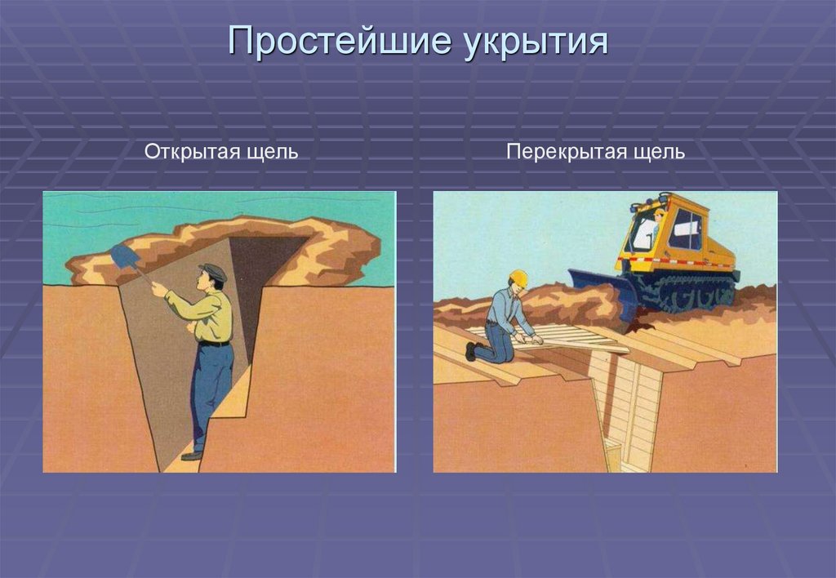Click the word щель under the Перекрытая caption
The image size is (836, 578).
(659, 152)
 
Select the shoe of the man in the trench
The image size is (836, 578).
(191, 455)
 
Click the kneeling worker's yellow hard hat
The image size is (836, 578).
(518, 278)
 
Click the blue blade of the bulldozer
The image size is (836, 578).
(605, 295)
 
